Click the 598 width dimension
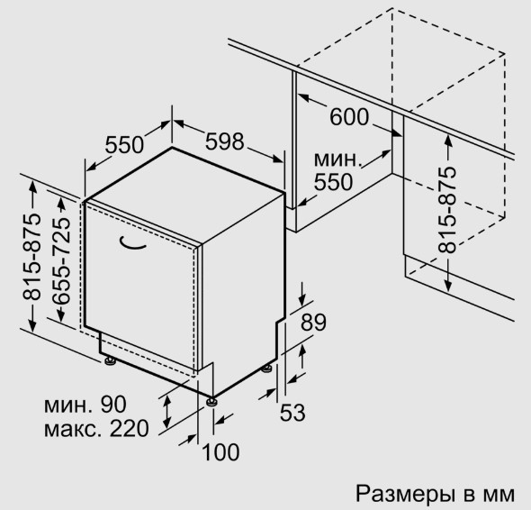coord(224,141)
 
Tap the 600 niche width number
coord(349,116)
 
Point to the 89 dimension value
coord(313,323)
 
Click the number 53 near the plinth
coord(292,413)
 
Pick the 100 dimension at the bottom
coord(220,451)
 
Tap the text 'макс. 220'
coord(96,428)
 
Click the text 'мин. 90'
coord(85,404)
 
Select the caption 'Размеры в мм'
coord(435,494)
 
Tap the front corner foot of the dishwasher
coord(211,401)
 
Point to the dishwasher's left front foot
coord(110,360)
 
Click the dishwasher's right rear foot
coord(266,369)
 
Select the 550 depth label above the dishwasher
coord(124,145)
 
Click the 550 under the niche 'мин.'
coord(333,182)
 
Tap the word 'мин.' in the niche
coord(336,159)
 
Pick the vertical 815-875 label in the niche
coord(447,210)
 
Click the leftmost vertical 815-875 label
coord(32,257)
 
